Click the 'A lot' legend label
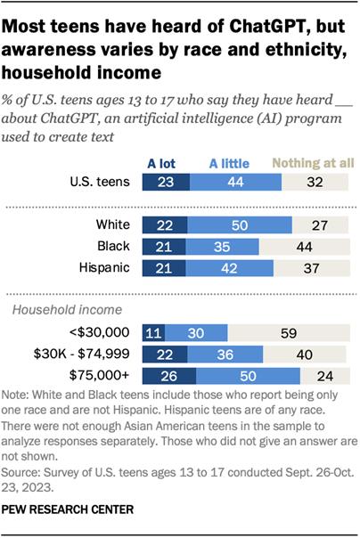[167, 163]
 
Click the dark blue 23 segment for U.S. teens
[167, 182]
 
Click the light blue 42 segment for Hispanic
[228, 267]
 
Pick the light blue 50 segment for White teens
[239, 224]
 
